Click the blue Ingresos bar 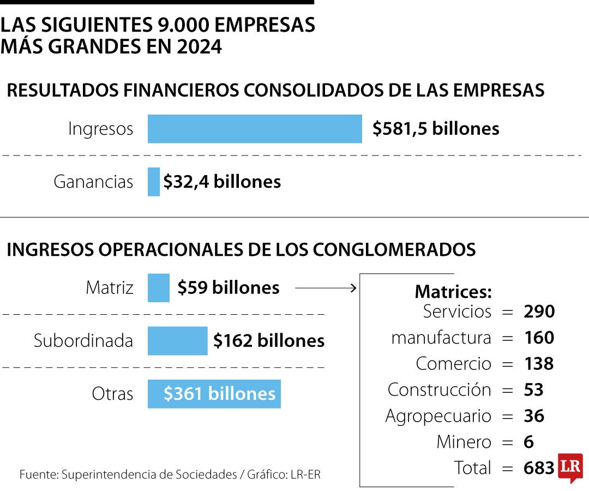pos(255,129)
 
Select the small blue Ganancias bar pos(154,182)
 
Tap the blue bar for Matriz pos(159,288)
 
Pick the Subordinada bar pos(178,341)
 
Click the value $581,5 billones pos(436,129)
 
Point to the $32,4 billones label pos(222,182)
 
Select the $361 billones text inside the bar pos(219,394)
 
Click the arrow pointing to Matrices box pos(326,288)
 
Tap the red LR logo pos(570,468)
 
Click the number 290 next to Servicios pos(539,312)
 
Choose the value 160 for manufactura pos(539,338)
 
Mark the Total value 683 pos(538,468)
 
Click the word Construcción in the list pos(439,390)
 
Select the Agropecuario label pos(438,416)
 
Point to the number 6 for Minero pos(528,442)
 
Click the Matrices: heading pos(453,292)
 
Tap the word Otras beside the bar pos(112,394)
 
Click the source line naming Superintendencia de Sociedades pos(170,475)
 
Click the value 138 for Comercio pos(538,364)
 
